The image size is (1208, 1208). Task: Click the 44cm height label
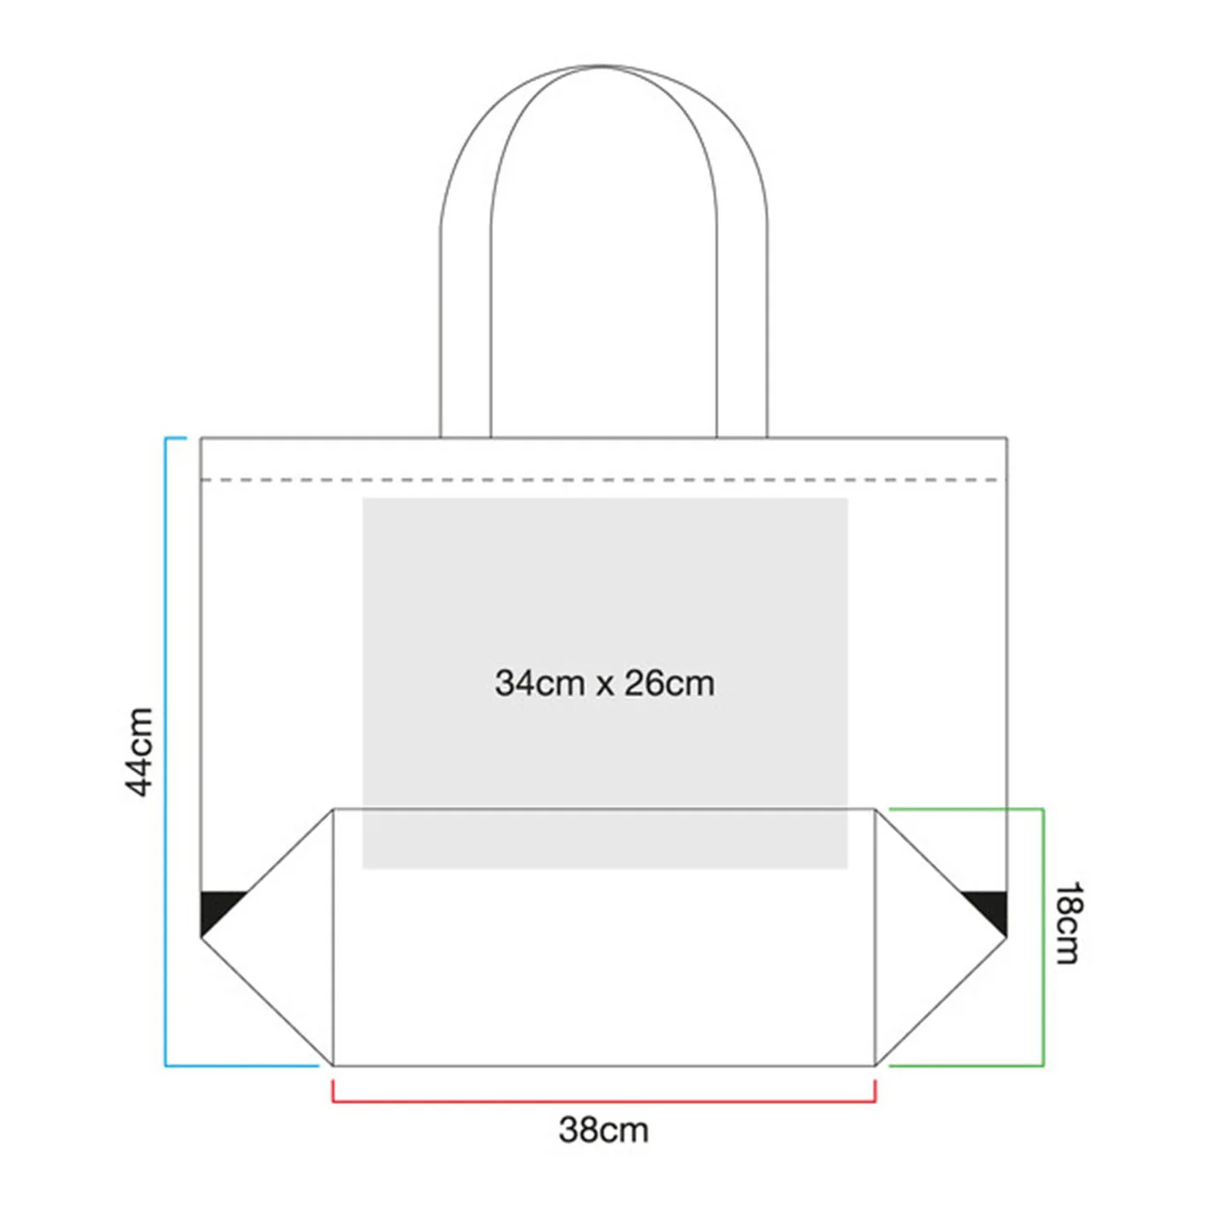point(139,751)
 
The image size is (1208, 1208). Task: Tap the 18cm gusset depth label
point(1068,922)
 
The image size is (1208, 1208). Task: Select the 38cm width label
point(603,1130)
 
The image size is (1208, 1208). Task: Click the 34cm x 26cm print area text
point(604,683)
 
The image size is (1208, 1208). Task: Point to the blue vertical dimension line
point(166,751)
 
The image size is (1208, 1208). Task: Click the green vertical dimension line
point(1043,937)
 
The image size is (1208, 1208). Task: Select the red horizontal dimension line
point(604,1100)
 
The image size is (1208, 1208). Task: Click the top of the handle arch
point(603,66)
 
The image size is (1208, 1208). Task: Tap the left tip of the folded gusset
point(201,938)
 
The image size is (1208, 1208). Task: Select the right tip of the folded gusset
point(1007,938)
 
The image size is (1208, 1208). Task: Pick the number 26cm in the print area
point(669,683)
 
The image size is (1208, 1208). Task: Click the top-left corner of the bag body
point(201,437)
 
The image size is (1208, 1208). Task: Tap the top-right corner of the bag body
point(1007,437)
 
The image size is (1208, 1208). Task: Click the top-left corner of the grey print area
point(363,498)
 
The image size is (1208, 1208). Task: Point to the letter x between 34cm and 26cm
point(605,686)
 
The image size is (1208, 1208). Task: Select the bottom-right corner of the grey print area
point(847,869)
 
